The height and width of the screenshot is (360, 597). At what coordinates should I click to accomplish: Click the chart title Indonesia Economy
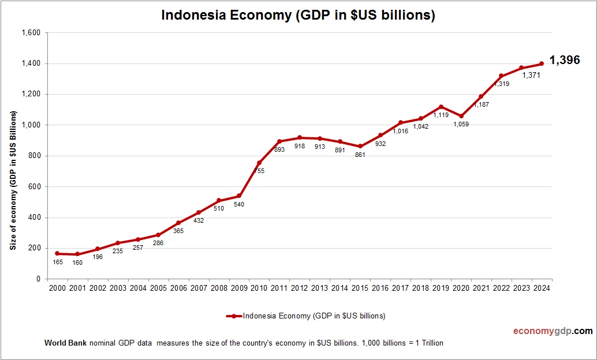[298, 16]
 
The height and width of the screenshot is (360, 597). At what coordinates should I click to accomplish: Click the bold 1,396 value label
[564, 60]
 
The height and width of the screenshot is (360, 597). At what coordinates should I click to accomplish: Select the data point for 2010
[259, 163]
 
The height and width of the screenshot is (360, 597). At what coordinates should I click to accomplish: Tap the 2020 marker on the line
[461, 116]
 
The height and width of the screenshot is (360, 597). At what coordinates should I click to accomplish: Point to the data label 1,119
[441, 115]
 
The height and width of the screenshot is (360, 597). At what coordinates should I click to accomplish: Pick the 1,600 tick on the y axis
[31, 33]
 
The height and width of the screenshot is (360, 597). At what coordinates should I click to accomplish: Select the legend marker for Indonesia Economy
[234, 316]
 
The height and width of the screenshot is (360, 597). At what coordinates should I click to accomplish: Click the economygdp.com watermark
[553, 331]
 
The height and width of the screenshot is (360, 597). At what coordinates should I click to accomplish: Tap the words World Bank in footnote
[65, 343]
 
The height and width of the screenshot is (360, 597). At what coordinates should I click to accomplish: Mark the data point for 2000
[57, 253]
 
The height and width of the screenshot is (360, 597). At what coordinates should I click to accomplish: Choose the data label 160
[77, 263]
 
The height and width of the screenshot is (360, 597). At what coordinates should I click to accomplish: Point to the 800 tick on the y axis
[34, 156]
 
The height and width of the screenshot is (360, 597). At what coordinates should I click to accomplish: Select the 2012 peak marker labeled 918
[300, 137]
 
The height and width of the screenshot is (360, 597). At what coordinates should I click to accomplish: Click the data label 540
[239, 205]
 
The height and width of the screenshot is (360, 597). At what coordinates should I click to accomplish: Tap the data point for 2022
[501, 76]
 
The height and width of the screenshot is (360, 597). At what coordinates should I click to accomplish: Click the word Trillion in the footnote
[430, 343]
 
